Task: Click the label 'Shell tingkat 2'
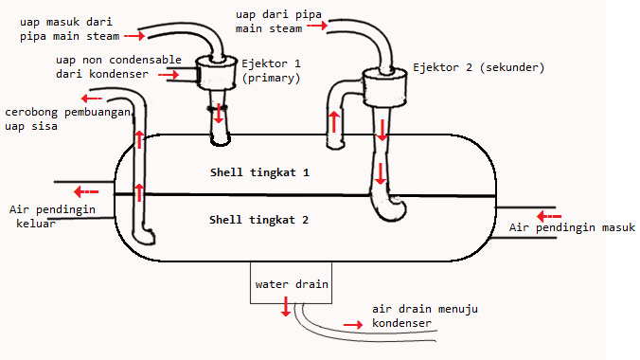pos(259,220)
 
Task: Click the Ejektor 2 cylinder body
pos(383,89)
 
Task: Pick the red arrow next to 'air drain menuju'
pos(352,324)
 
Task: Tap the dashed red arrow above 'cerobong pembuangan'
pos(91,98)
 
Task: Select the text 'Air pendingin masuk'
pos(571,228)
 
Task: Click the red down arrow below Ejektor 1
pos(220,114)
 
